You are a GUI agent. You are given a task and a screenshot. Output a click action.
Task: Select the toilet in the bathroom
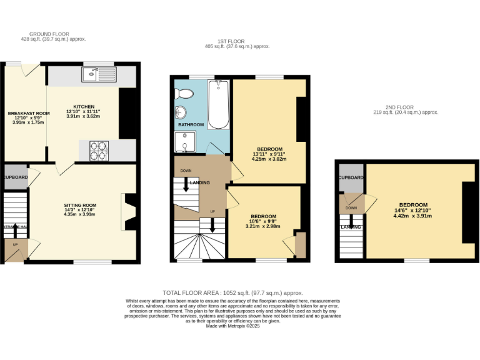[184, 94]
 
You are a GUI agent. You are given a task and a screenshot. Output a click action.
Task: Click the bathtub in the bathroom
[218, 104]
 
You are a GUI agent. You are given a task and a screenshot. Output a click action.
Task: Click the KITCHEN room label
[84, 106]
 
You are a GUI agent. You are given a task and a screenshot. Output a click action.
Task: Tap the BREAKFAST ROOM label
[25, 113]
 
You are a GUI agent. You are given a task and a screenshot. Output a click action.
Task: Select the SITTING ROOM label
[80, 205]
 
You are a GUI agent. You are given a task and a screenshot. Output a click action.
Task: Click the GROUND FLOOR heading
[49, 34]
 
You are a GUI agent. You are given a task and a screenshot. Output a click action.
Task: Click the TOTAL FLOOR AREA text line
[232, 292]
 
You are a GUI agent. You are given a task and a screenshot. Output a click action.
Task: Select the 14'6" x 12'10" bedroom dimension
[414, 211]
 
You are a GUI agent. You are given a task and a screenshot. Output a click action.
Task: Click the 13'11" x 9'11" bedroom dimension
[269, 154]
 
